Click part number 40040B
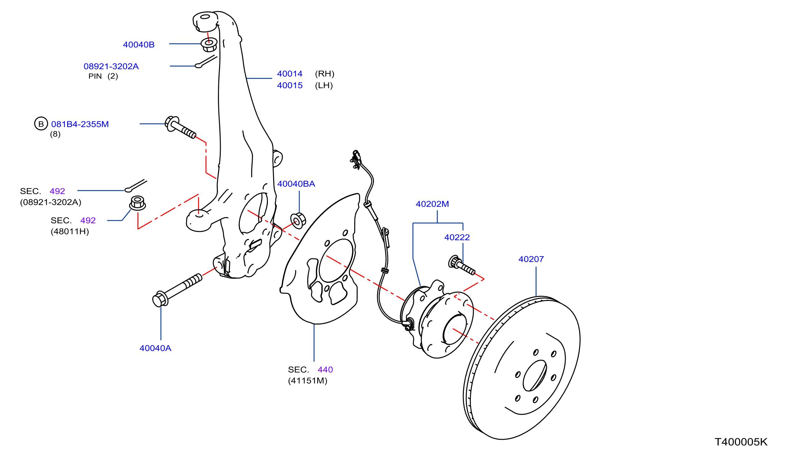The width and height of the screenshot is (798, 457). (x=138, y=45)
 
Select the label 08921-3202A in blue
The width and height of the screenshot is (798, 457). (x=111, y=66)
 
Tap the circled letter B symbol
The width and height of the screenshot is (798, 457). (x=41, y=124)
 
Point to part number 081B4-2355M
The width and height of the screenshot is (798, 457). (x=80, y=124)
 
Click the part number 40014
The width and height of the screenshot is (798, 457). (x=289, y=74)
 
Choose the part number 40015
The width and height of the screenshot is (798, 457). (x=289, y=85)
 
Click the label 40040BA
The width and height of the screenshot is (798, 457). (x=296, y=184)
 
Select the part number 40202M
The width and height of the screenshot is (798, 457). (x=432, y=204)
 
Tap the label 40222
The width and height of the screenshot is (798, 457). (x=456, y=237)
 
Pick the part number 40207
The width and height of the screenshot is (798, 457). (x=531, y=259)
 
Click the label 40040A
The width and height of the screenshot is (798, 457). (x=155, y=348)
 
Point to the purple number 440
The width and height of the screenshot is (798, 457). (x=325, y=370)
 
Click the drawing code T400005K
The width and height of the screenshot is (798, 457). (x=741, y=442)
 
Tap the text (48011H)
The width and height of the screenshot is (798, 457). (x=70, y=232)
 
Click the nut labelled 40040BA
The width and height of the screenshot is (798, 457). (x=298, y=221)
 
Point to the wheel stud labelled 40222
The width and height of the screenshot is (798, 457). (x=461, y=265)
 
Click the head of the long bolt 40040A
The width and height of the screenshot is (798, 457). (x=160, y=299)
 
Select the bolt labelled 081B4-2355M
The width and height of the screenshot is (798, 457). (x=180, y=127)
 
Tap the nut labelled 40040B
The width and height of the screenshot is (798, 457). (x=209, y=45)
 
